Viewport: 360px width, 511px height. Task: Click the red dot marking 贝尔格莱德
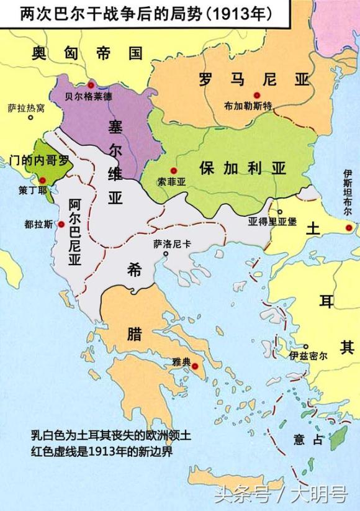click(x=91, y=84)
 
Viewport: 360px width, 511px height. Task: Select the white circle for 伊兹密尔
click(x=307, y=346)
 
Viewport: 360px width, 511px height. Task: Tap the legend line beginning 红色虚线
click(x=101, y=451)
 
